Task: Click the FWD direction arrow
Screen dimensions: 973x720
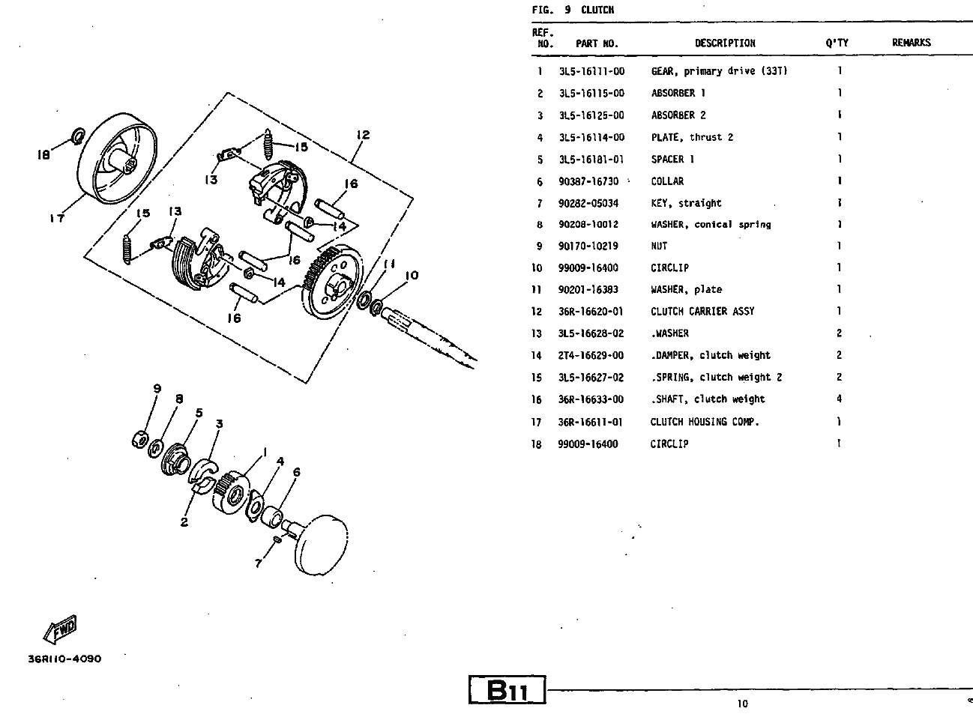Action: click(x=60, y=629)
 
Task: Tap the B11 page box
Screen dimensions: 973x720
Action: click(x=507, y=690)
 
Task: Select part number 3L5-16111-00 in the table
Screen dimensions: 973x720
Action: click(x=591, y=71)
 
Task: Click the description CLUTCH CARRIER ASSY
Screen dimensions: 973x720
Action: click(x=702, y=312)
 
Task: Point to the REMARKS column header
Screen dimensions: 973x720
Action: click(x=911, y=43)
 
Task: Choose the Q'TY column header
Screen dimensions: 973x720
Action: click(x=837, y=43)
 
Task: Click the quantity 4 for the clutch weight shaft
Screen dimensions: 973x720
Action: click(x=840, y=399)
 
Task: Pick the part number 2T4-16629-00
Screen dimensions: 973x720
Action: click(x=591, y=356)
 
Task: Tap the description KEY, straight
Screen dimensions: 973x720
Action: click(x=686, y=204)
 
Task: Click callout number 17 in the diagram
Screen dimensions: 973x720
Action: click(x=57, y=218)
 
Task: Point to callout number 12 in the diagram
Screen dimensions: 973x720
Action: click(x=363, y=135)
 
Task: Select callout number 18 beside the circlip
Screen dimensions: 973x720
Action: click(x=43, y=155)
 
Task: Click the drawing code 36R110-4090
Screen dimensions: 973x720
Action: click(x=64, y=659)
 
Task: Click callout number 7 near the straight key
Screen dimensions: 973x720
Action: click(x=259, y=563)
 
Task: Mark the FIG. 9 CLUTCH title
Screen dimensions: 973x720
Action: click(x=573, y=10)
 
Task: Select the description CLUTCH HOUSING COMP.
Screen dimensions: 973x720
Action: click(x=705, y=422)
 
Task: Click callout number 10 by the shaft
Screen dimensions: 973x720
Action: click(x=412, y=276)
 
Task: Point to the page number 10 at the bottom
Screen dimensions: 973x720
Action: click(x=742, y=704)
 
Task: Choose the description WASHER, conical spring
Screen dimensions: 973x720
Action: click(x=711, y=225)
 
